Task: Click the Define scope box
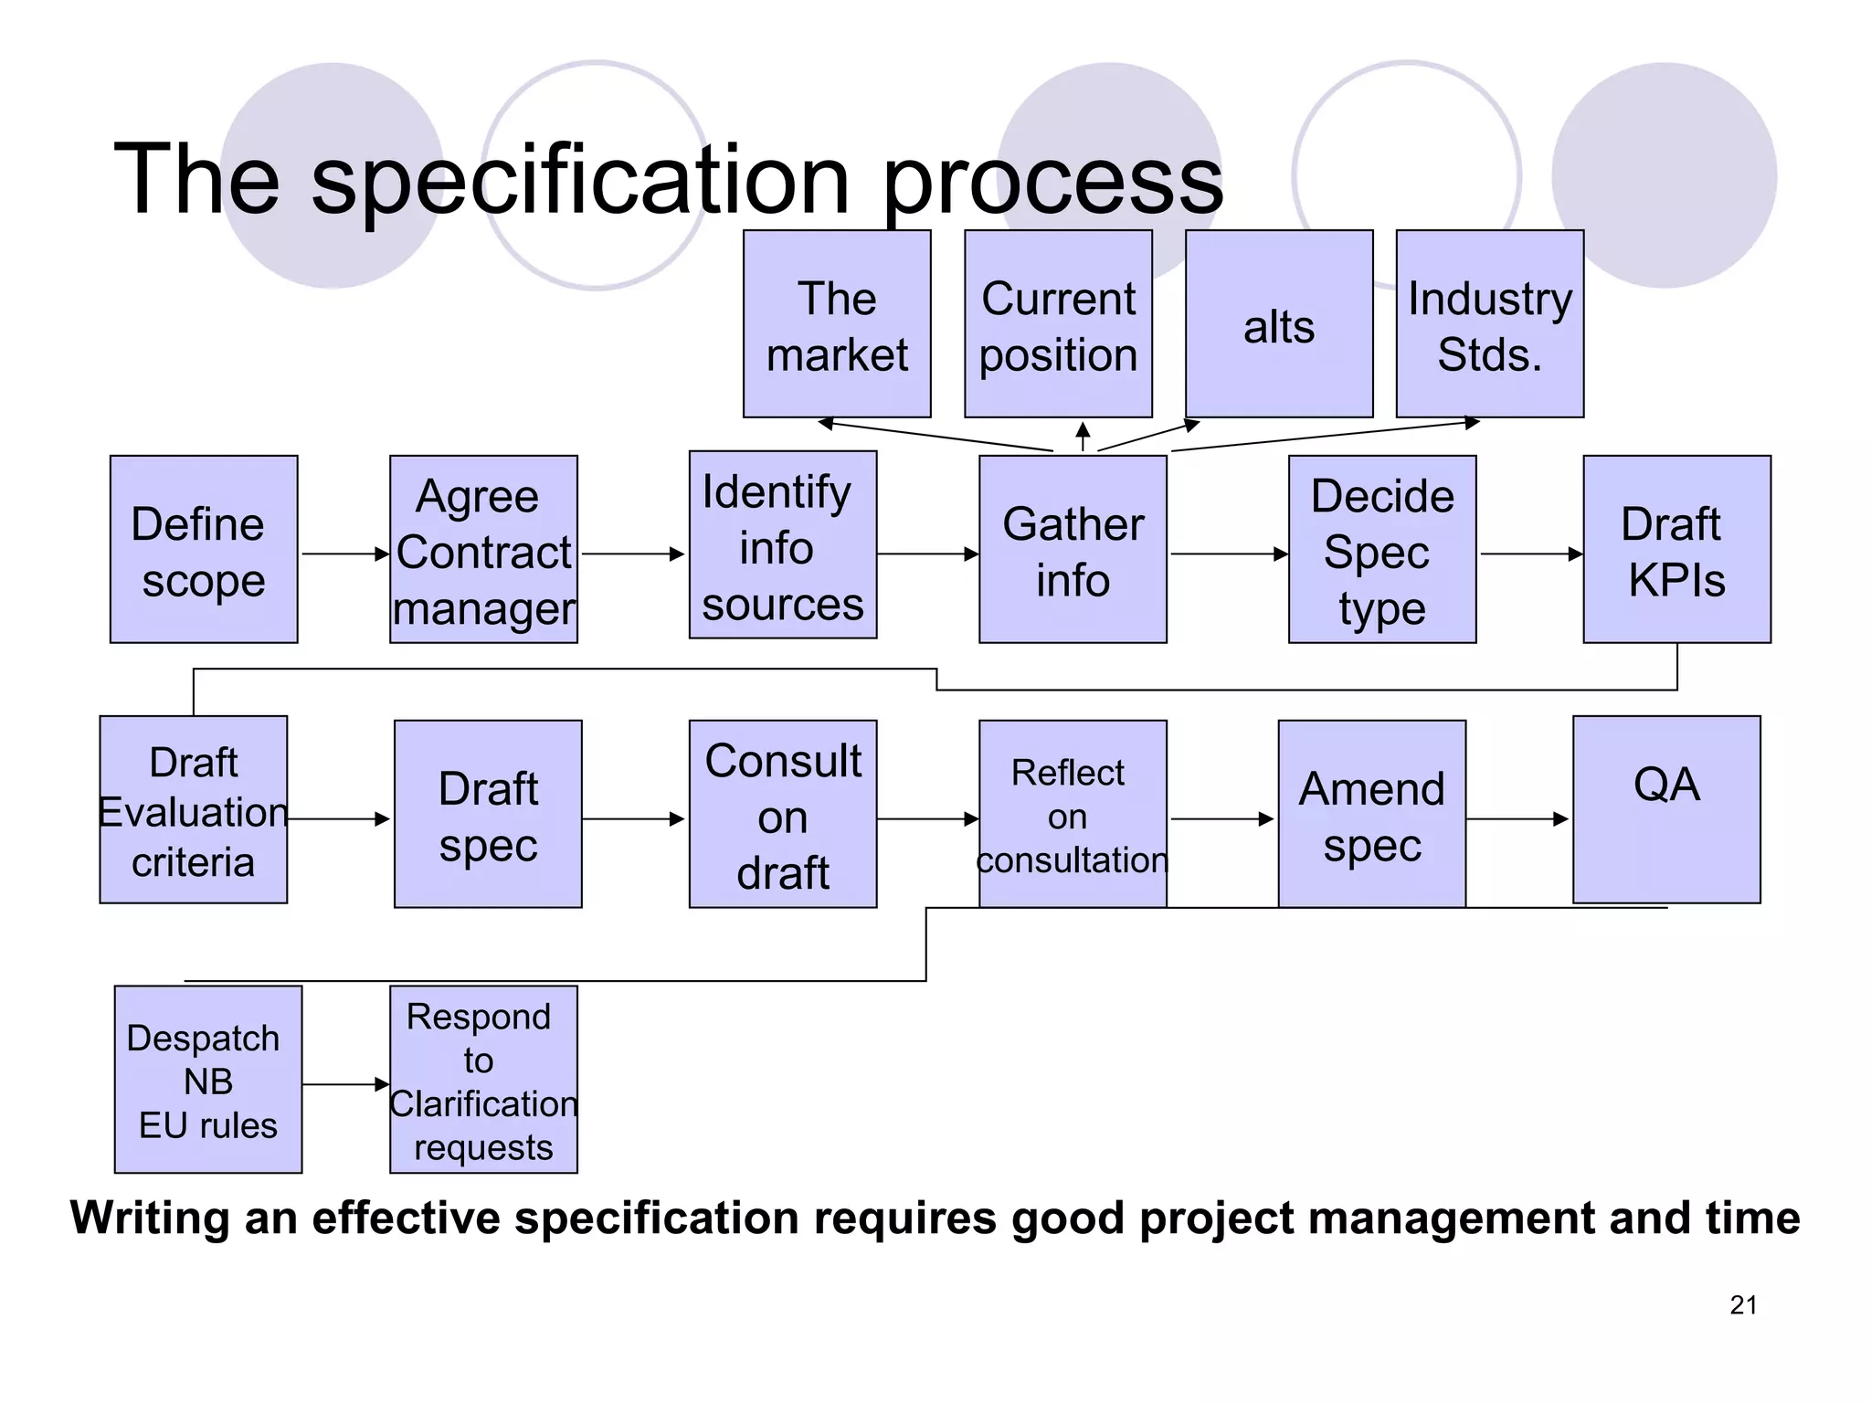click(204, 549)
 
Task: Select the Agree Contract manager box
click(483, 549)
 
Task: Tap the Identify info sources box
click(783, 544)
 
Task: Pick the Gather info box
click(1073, 549)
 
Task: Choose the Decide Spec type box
click(1382, 549)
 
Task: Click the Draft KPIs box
click(1676, 549)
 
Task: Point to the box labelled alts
click(1279, 323)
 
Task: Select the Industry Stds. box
click(1490, 323)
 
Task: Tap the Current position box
click(1058, 323)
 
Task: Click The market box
click(837, 323)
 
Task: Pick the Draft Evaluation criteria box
click(194, 809)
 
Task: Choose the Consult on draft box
click(783, 814)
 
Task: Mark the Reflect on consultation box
click(1073, 814)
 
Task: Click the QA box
click(1666, 809)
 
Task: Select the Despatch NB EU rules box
click(208, 1079)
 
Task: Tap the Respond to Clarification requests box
click(483, 1079)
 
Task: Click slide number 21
click(1743, 1305)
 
